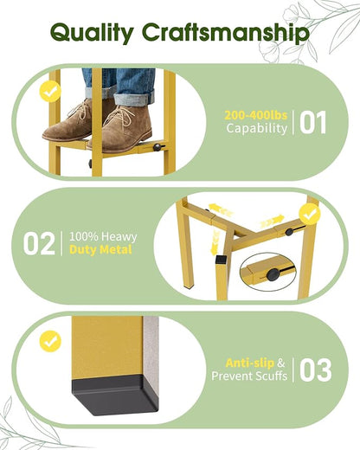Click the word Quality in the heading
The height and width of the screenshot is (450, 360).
click(x=92, y=33)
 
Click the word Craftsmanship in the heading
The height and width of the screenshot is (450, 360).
click(x=226, y=33)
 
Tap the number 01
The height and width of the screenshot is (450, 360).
click(x=312, y=123)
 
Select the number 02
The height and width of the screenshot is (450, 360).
click(x=39, y=244)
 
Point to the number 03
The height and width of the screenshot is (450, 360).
click(x=315, y=370)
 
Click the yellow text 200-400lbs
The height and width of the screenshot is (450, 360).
click(x=256, y=115)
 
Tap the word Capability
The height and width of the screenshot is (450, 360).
click(x=257, y=128)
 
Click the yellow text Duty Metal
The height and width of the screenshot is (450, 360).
click(x=100, y=249)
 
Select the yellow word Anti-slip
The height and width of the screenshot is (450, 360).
click(x=250, y=363)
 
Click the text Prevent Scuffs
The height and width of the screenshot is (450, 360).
click(x=249, y=376)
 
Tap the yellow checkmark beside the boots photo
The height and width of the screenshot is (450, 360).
click(x=50, y=92)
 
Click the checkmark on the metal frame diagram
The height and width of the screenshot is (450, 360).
click(x=310, y=214)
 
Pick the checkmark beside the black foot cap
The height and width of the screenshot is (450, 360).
click(x=50, y=342)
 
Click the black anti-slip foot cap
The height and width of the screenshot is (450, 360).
click(x=115, y=395)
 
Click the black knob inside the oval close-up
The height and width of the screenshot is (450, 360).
click(x=273, y=274)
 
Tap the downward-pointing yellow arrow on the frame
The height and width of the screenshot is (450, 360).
click(x=215, y=243)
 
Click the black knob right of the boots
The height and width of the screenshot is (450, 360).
click(x=157, y=147)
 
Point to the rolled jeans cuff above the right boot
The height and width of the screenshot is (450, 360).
click(x=134, y=97)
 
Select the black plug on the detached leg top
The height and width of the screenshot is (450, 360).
click(x=222, y=260)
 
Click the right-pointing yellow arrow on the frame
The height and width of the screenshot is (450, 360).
click(x=273, y=222)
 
